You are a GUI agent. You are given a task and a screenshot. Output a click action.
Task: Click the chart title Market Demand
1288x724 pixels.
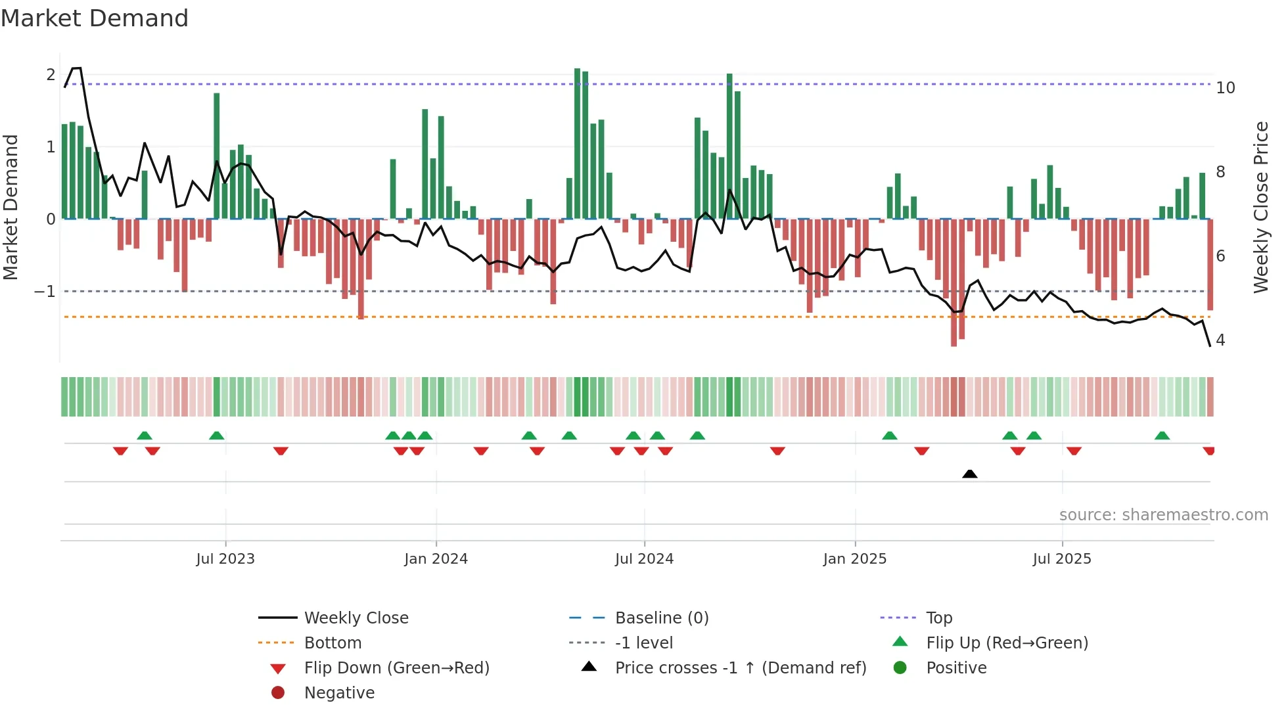(x=95, y=18)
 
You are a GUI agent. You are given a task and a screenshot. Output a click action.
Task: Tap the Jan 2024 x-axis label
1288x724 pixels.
(x=436, y=559)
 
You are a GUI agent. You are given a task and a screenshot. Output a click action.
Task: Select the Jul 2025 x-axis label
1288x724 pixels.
(x=1061, y=559)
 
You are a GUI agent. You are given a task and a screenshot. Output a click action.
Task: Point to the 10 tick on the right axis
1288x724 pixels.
(x=1225, y=88)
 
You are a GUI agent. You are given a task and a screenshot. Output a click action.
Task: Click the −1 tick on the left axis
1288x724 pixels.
(x=45, y=291)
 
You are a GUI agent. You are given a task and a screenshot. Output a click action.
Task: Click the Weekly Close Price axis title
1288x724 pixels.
(x=1260, y=207)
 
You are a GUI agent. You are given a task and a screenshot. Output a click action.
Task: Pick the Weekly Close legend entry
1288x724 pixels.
(x=356, y=618)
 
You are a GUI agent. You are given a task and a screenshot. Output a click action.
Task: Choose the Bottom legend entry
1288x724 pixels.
(x=333, y=643)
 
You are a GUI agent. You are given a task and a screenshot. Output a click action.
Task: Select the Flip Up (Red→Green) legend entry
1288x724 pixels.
(x=1007, y=643)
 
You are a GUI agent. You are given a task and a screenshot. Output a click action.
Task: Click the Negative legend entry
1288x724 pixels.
(x=339, y=693)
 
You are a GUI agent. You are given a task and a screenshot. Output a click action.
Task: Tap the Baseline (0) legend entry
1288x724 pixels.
(x=661, y=618)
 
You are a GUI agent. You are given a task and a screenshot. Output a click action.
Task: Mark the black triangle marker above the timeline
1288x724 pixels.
(x=969, y=474)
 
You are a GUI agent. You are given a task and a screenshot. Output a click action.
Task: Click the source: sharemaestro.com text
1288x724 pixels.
(x=1163, y=515)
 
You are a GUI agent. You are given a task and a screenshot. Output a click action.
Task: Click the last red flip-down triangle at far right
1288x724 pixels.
(x=1208, y=451)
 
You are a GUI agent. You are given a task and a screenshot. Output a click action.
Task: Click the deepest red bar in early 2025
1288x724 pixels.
(x=954, y=283)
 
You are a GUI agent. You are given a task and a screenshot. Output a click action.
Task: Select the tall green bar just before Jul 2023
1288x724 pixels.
(x=217, y=156)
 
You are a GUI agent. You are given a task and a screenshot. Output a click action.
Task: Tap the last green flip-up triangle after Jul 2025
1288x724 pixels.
(x=1162, y=436)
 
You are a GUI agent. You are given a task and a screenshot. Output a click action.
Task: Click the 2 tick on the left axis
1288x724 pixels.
(x=51, y=75)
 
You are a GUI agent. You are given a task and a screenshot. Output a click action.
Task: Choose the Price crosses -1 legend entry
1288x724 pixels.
(x=740, y=668)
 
